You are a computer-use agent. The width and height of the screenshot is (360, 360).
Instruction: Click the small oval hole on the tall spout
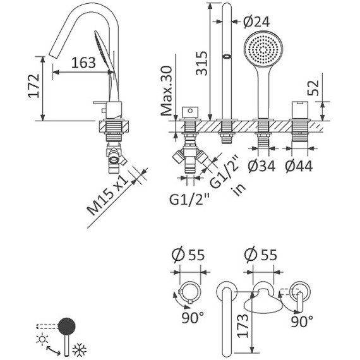click(225, 57)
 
